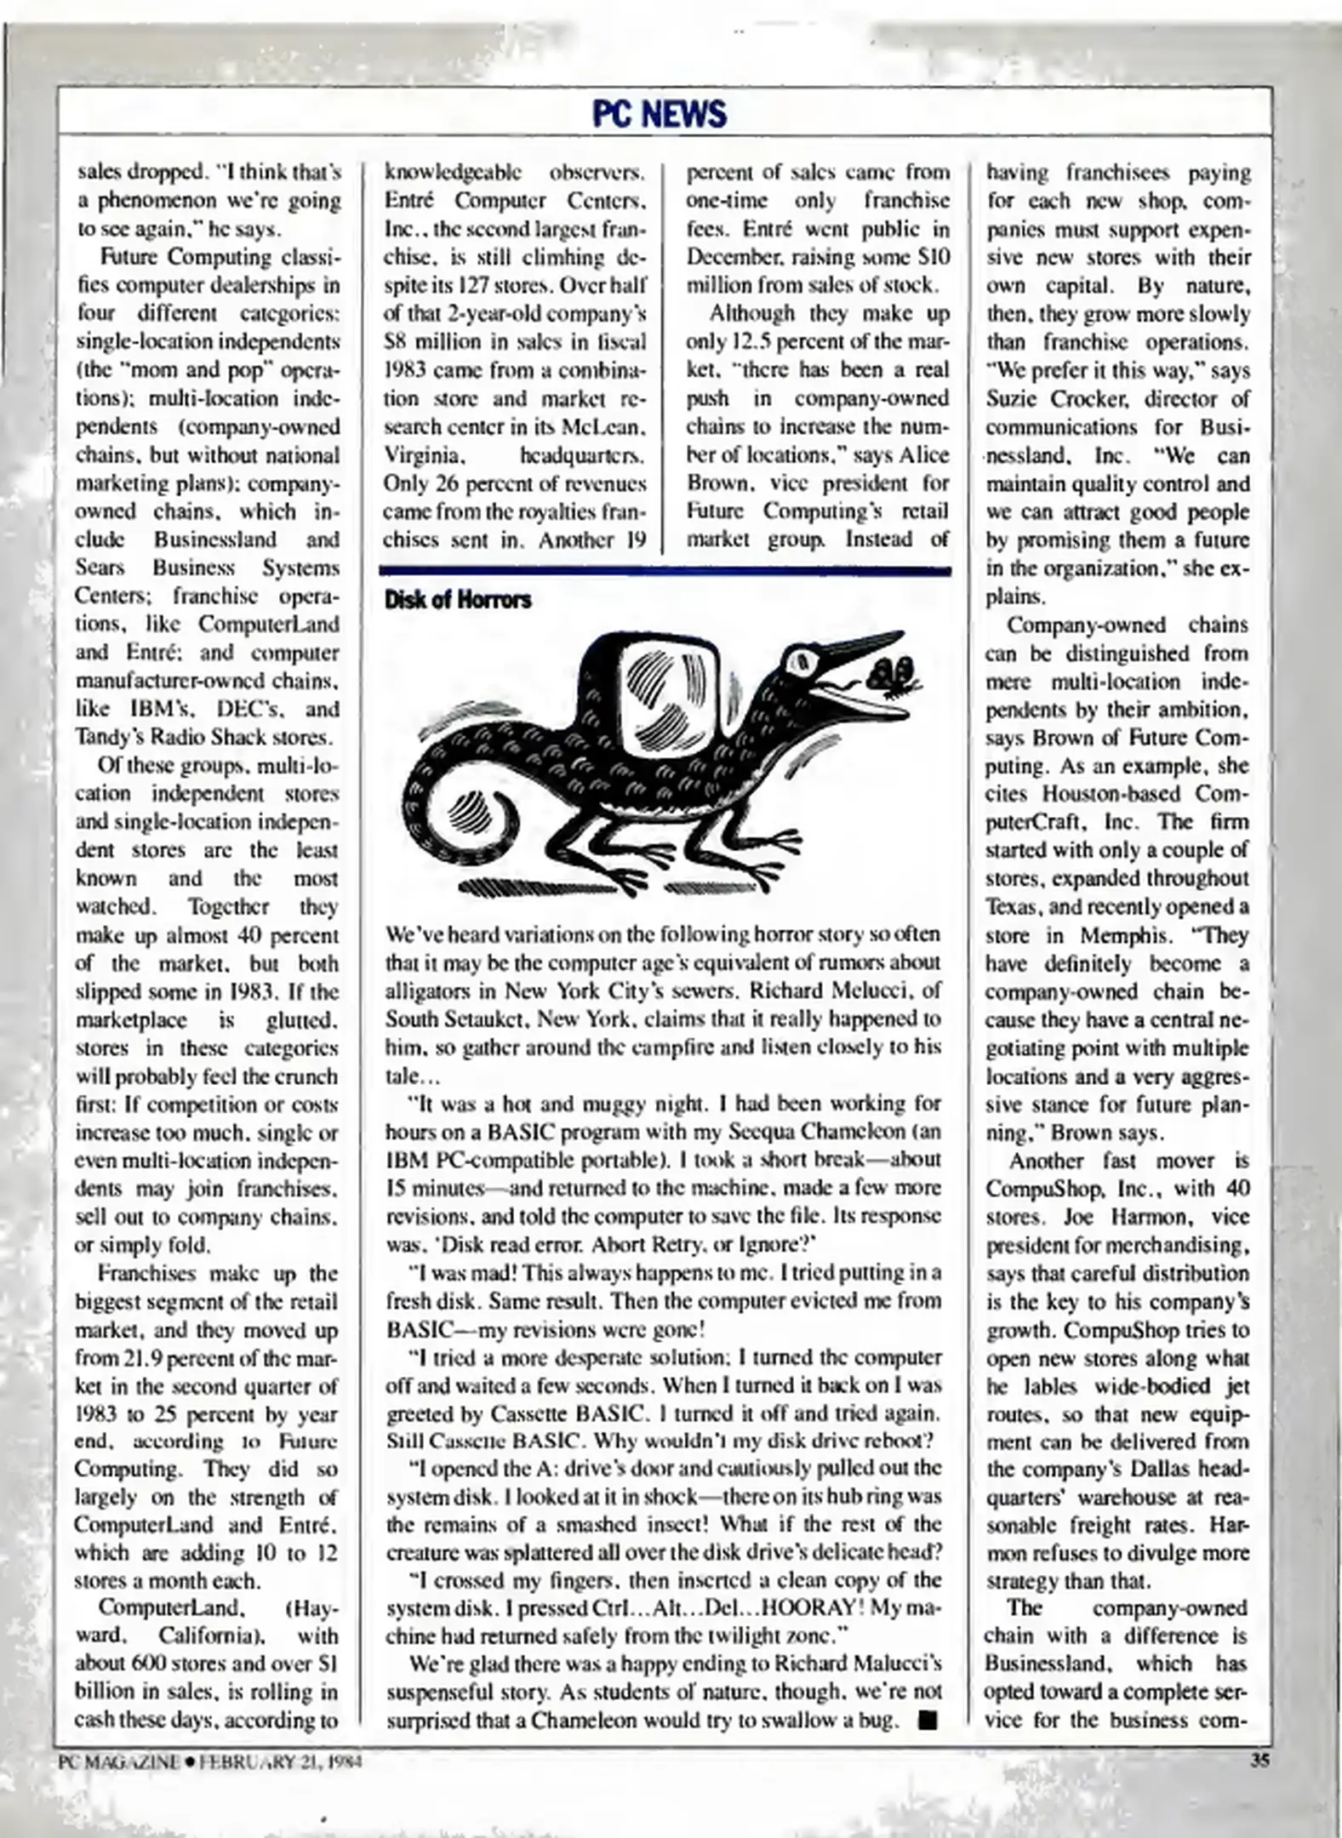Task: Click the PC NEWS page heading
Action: tap(660, 114)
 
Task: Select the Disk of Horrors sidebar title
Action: tap(457, 600)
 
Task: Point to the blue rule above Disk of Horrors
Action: tap(665, 572)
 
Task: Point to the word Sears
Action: tap(100, 568)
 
